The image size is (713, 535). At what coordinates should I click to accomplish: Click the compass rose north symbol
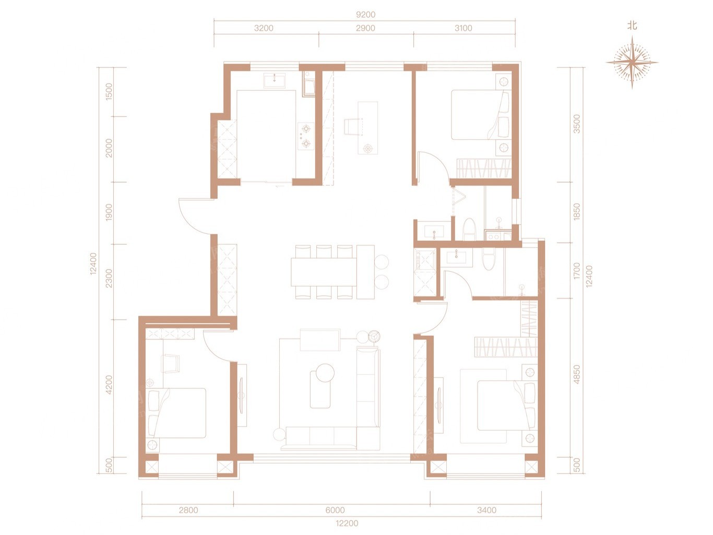coord(632,62)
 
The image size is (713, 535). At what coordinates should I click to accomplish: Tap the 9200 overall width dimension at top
coord(365,15)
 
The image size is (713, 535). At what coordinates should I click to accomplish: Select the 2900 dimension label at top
coord(365,28)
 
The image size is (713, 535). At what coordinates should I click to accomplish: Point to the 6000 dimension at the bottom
coord(335,510)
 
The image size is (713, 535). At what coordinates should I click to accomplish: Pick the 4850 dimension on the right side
coord(576,375)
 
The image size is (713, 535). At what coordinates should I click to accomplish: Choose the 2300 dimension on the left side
coord(109,278)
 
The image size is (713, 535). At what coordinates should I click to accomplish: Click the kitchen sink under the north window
coord(275,80)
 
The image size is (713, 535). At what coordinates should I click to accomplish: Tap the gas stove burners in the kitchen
coord(306,136)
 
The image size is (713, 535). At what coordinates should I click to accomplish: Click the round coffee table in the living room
coord(325,373)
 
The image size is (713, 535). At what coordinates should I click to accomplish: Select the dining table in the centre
coord(324,271)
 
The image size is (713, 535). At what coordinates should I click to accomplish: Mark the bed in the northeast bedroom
coord(481,115)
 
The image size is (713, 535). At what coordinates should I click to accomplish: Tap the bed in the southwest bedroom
coord(177,413)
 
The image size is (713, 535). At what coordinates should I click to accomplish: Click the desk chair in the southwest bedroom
coord(171,363)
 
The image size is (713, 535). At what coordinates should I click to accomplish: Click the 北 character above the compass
coord(632,26)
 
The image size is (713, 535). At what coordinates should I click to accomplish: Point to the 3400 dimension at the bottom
coord(486,510)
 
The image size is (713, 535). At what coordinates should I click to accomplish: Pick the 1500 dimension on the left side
coord(109,92)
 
